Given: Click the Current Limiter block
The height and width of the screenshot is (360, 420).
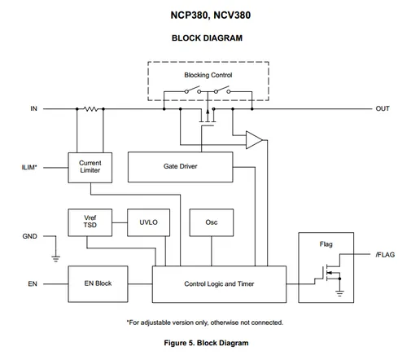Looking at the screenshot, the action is tap(90, 168).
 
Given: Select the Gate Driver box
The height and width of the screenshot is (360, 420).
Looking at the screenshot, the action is tap(180, 167).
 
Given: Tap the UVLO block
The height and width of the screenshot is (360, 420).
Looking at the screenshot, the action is tap(148, 222).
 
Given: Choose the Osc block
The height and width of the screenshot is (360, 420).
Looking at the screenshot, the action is tap(212, 222).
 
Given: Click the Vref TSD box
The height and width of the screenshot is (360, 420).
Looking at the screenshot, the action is tap(90, 222).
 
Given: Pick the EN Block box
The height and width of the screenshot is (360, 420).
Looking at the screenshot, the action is tap(98, 283).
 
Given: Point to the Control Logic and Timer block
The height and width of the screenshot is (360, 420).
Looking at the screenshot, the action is tap(219, 284).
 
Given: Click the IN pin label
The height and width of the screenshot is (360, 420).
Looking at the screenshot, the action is tap(33, 108).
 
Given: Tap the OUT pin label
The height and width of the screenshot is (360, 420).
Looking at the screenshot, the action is tap(383, 108).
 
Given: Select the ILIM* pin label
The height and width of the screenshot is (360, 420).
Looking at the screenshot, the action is tap(29, 167).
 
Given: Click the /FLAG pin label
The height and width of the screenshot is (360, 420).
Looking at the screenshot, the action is tap(385, 255).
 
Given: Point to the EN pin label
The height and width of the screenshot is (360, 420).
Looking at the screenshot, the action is tap(33, 283).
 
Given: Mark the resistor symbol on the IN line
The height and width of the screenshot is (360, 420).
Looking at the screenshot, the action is tap(90, 109).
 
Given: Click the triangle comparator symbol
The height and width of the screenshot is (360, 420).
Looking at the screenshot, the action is tap(254, 140).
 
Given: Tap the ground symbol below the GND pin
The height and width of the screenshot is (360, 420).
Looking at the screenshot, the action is tap(56, 258).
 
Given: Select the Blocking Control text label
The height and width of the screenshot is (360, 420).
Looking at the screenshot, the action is tap(208, 75).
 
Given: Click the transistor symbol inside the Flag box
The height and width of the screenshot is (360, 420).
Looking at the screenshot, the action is tap(331, 273).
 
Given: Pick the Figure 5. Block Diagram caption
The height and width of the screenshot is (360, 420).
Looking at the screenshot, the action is tap(206, 343).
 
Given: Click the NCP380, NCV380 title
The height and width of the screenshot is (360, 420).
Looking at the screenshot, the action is tap(211, 15).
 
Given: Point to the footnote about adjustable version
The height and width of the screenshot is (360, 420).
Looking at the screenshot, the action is tap(205, 323).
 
